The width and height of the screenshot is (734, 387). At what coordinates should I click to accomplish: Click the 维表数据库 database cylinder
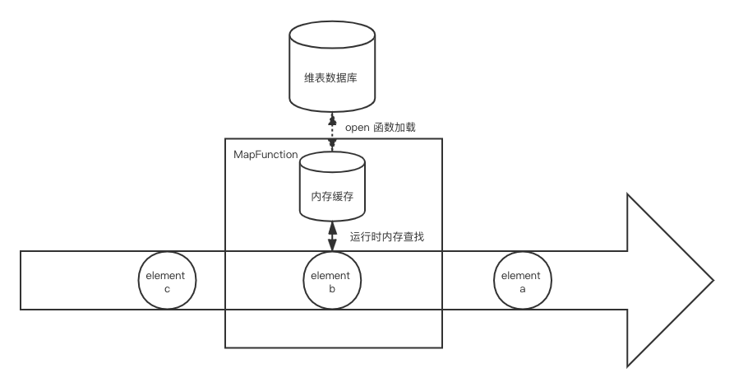tap(332, 66)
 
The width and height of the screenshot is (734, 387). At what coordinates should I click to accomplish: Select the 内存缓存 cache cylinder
tap(332, 186)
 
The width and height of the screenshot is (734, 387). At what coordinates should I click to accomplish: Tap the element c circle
tap(167, 281)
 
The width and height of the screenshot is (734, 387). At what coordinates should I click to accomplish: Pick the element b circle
tap(332, 281)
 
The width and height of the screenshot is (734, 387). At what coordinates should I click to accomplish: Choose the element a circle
tap(523, 281)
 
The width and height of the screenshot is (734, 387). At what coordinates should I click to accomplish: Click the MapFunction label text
tap(265, 154)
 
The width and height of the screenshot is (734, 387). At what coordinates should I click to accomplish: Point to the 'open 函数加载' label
tap(380, 127)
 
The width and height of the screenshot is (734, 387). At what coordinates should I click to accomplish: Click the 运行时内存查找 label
tap(387, 237)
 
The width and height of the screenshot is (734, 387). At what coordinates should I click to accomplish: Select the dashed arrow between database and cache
tap(332, 132)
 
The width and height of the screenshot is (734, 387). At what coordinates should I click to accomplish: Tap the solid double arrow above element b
tap(332, 236)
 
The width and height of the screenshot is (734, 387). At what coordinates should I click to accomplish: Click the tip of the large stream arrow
tap(713, 281)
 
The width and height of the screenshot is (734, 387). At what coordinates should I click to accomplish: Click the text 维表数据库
tap(330, 77)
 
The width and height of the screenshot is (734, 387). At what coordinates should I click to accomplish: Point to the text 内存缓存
tap(332, 196)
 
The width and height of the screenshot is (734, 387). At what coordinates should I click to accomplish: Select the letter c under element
tap(167, 289)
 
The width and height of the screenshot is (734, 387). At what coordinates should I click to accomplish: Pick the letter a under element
tap(523, 289)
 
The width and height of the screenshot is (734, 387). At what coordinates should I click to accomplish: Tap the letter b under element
tap(332, 288)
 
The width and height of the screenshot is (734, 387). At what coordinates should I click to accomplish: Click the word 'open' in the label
tap(358, 128)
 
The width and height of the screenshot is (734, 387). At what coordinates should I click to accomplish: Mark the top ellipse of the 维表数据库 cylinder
tap(332, 34)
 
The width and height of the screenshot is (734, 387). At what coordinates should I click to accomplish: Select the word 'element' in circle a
tap(520, 275)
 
